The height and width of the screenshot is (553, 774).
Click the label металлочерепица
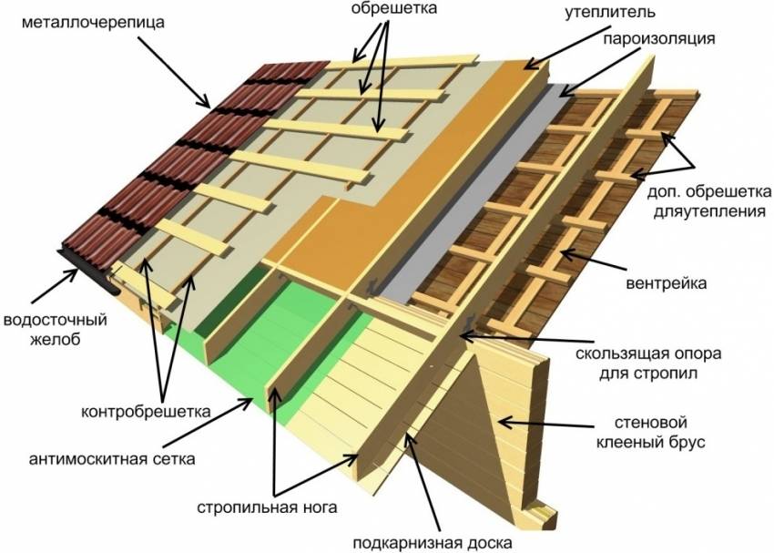click(93, 23)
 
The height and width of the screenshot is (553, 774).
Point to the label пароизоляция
click(658, 38)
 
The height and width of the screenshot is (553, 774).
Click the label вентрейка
click(667, 283)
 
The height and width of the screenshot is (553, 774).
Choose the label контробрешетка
click(146, 411)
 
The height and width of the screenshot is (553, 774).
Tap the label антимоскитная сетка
click(112, 458)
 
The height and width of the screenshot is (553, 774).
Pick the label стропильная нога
click(267, 507)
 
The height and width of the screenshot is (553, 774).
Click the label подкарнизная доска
click(433, 543)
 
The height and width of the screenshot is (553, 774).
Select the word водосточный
click(56, 320)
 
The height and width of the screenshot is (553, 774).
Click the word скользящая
click(622, 354)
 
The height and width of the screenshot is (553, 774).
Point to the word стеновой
click(651, 423)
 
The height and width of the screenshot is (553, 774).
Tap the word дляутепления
click(710, 212)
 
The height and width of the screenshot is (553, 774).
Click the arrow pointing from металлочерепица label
click(174, 72)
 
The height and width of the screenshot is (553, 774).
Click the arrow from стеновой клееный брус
click(546, 425)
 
